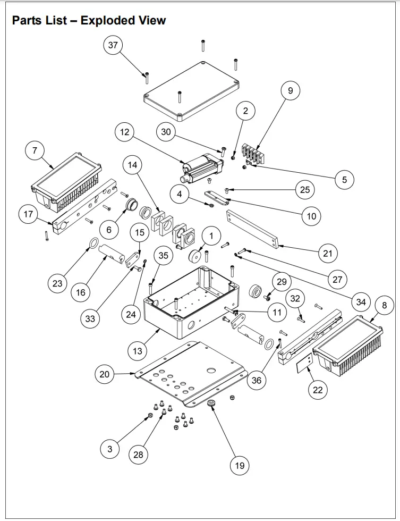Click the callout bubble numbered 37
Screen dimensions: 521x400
tap(113, 45)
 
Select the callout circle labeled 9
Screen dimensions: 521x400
tap(290, 91)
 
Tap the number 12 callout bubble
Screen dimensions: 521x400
tap(124, 132)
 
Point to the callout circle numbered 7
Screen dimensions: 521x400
tap(35, 151)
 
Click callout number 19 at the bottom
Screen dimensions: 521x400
tap(240, 466)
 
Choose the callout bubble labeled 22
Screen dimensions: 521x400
tap(318, 390)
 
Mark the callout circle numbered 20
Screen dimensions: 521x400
tap(105, 374)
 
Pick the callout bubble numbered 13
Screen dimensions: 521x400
tap(138, 351)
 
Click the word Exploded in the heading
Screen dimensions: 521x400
tap(105, 21)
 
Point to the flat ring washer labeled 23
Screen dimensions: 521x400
tap(92, 244)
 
